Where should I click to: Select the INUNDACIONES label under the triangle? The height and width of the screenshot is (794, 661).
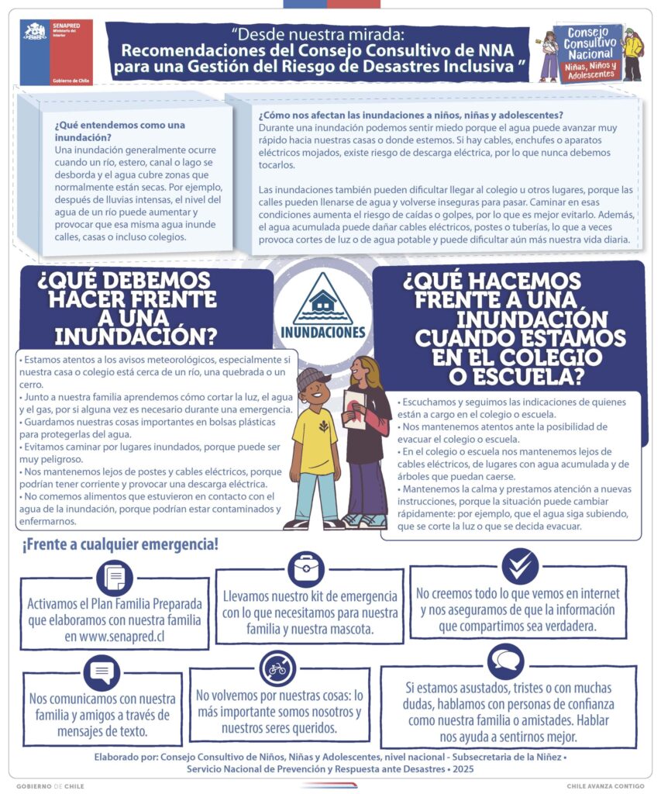click(x=323, y=333)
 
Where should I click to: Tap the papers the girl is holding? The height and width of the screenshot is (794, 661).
click(x=355, y=407)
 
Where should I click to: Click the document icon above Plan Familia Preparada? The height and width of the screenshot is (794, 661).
click(x=115, y=577)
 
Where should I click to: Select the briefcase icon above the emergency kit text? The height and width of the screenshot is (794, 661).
click(x=306, y=570)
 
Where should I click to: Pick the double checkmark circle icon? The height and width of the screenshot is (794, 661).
click(x=519, y=566)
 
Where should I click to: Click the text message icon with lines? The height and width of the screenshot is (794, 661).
click(x=102, y=671)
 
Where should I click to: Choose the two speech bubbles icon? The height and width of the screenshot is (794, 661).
click(x=506, y=661)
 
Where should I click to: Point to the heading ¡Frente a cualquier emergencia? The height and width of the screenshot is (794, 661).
click(x=120, y=545)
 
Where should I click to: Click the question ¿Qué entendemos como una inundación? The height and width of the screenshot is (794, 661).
click(x=120, y=131)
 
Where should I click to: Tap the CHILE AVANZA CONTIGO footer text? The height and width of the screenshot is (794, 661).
click(x=605, y=785)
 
